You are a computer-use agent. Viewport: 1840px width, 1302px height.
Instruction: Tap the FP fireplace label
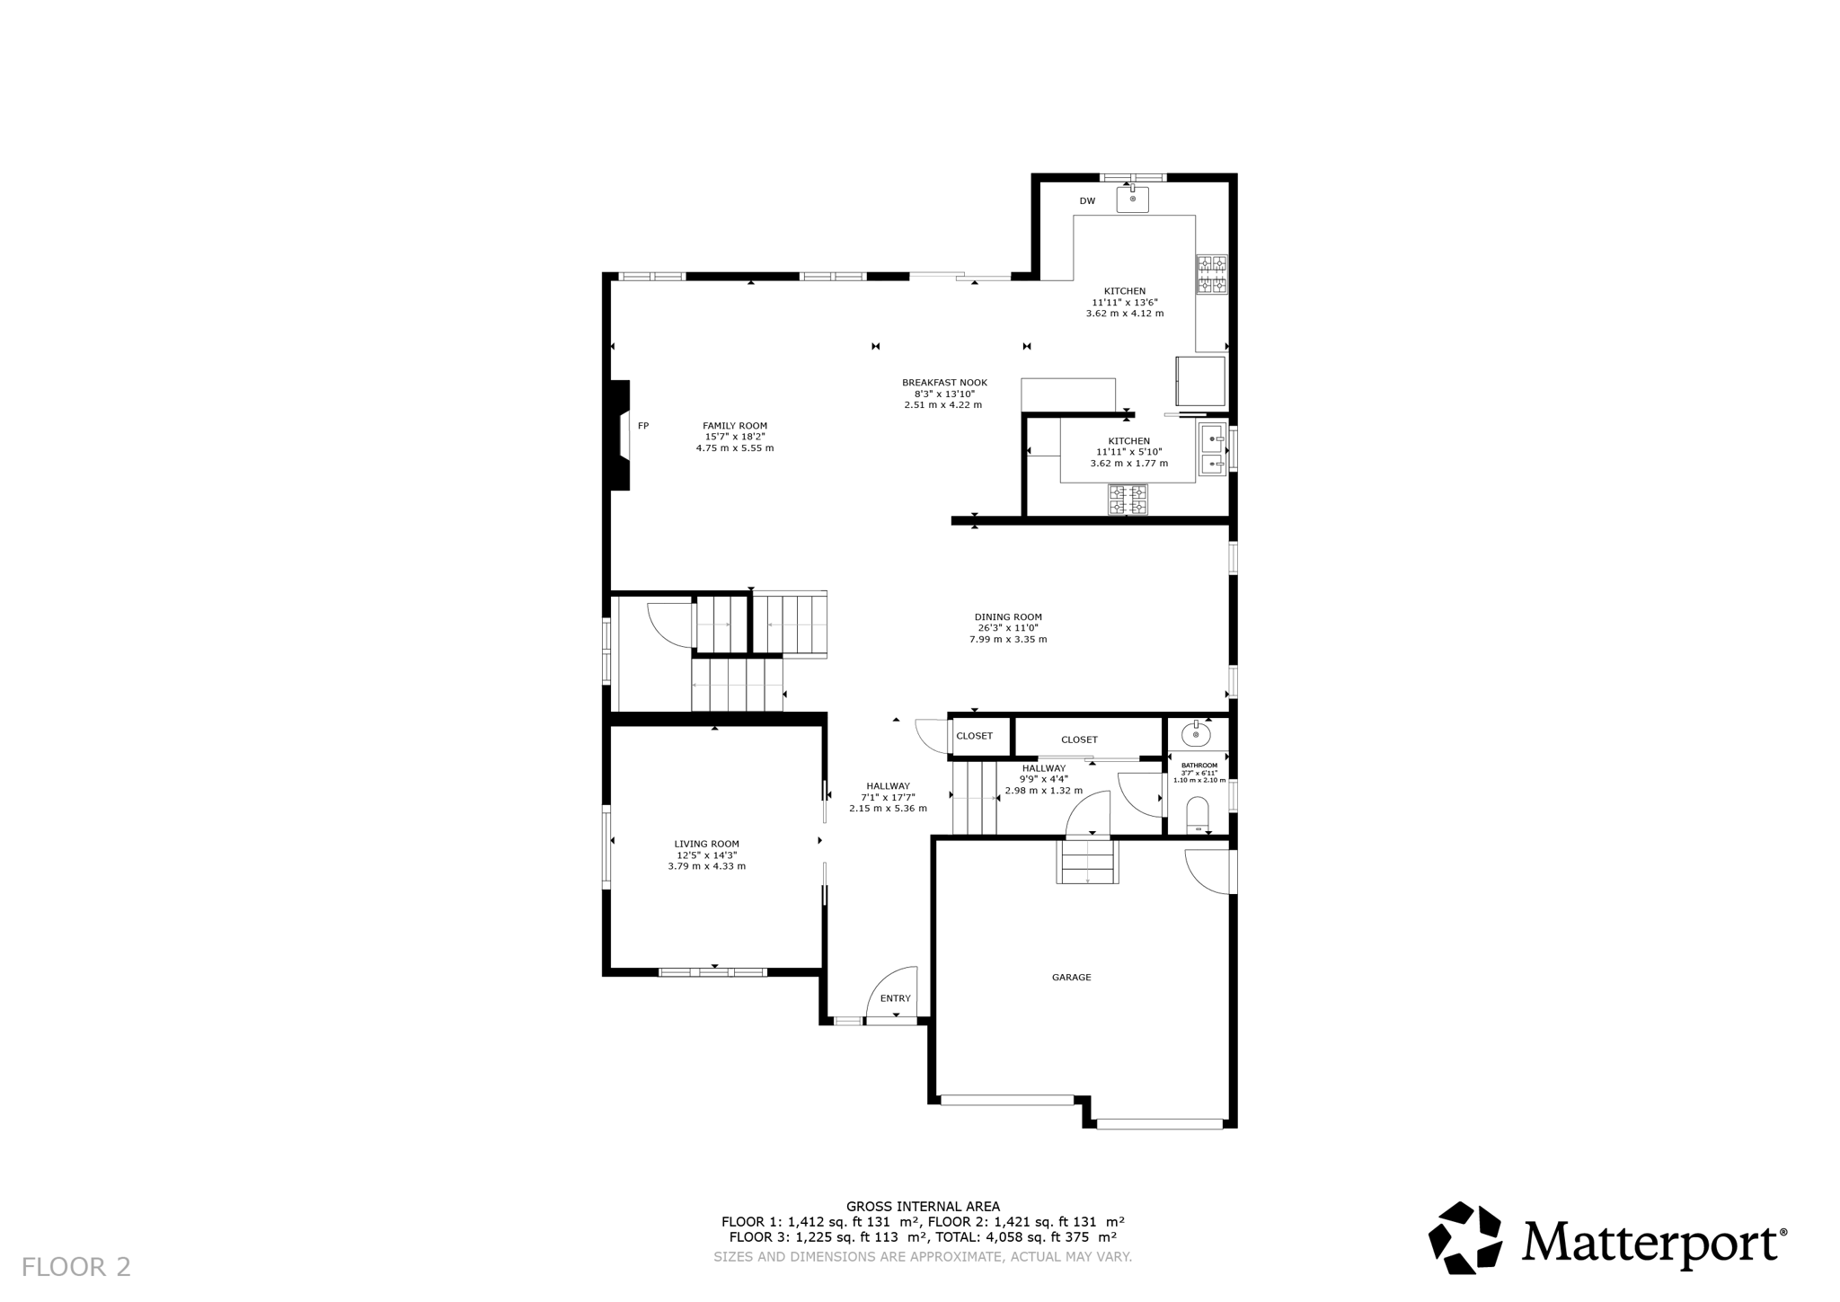click(643, 426)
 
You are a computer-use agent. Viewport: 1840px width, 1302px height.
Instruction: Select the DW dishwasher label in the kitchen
click(1087, 201)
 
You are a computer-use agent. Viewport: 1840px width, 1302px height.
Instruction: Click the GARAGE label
click(1071, 978)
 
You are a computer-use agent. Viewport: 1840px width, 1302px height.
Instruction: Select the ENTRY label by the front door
click(895, 999)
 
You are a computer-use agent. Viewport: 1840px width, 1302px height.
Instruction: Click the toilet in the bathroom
click(1198, 816)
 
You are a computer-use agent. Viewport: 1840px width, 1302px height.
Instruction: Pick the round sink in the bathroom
click(1196, 735)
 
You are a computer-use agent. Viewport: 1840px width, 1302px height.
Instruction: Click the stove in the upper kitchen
click(1211, 275)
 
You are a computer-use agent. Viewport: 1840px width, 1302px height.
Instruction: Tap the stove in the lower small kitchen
click(1128, 500)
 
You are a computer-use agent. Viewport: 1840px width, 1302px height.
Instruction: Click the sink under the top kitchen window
click(1133, 199)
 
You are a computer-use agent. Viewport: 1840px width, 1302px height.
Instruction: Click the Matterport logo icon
click(1464, 1237)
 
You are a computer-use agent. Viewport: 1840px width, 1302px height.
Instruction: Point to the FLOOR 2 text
click(76, 1268)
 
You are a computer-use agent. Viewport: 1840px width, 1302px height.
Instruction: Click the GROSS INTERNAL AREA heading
click(923, 1207)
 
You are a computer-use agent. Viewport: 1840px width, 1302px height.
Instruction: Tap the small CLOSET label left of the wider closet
click(974, 736)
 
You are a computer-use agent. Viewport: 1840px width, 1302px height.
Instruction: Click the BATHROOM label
click(1199, 766)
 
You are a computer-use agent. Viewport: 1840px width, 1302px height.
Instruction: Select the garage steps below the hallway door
click(1088, 862)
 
